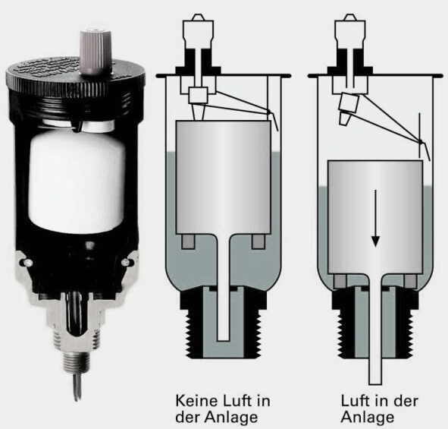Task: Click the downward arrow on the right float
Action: (x=375, y=217)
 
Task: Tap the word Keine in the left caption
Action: (x=197, y=401)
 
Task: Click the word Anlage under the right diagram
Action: (x=368, y=417)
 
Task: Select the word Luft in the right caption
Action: (x=356, y=401)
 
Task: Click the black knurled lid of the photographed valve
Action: (x=76, y=75)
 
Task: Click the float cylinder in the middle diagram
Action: (x=223, y=178)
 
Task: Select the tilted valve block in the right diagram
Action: (x=349, y=103)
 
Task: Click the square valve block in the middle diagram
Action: (x=198, y=95)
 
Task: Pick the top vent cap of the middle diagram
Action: (x=198, y=31)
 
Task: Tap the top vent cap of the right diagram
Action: (x=349, y=31)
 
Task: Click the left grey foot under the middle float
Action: (x=188, y=241)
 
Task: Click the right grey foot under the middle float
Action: (x=258, y=241)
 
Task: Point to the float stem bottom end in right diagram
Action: (x=375, y=383)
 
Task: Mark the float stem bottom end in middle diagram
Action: (x=223, y=340)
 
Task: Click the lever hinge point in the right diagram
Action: (x=421, y=142)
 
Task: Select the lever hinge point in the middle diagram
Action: (x=269, y=112)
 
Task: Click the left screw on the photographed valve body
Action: (x=27, y=263)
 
